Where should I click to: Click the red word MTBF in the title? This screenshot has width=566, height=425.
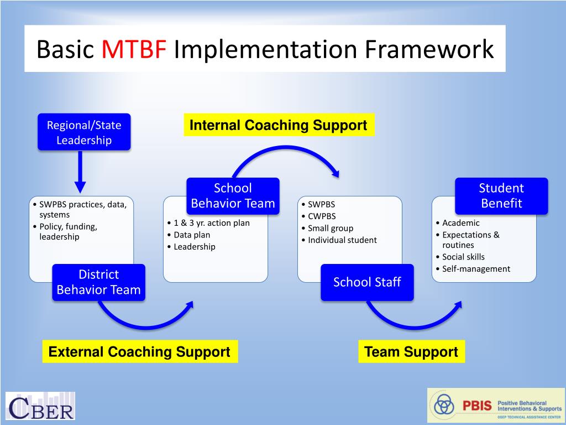point(134,49)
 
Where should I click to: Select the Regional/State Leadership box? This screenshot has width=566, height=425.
point(84,132)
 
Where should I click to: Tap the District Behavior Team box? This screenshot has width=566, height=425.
point(99,282)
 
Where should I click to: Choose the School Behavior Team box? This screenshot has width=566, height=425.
point(233,196)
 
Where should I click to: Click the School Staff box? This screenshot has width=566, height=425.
point(367,282)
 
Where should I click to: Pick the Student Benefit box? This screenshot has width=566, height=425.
point(501,196)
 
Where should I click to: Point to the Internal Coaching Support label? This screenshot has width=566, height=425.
point(278,125)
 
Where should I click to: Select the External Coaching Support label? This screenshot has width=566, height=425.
point(139,352)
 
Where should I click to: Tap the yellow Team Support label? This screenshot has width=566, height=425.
point(411,352)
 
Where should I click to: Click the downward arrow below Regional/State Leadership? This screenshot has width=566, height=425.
point(80,172)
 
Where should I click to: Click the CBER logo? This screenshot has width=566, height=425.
point(40,406)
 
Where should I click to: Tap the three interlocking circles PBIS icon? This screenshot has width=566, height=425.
point(444,406)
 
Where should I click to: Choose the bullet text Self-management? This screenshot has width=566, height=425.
point(476,269)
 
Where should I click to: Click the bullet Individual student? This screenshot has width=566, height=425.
point(342,240)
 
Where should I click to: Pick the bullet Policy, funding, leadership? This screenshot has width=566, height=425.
point(68,231)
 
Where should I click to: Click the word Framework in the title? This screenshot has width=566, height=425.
point(429,49)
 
